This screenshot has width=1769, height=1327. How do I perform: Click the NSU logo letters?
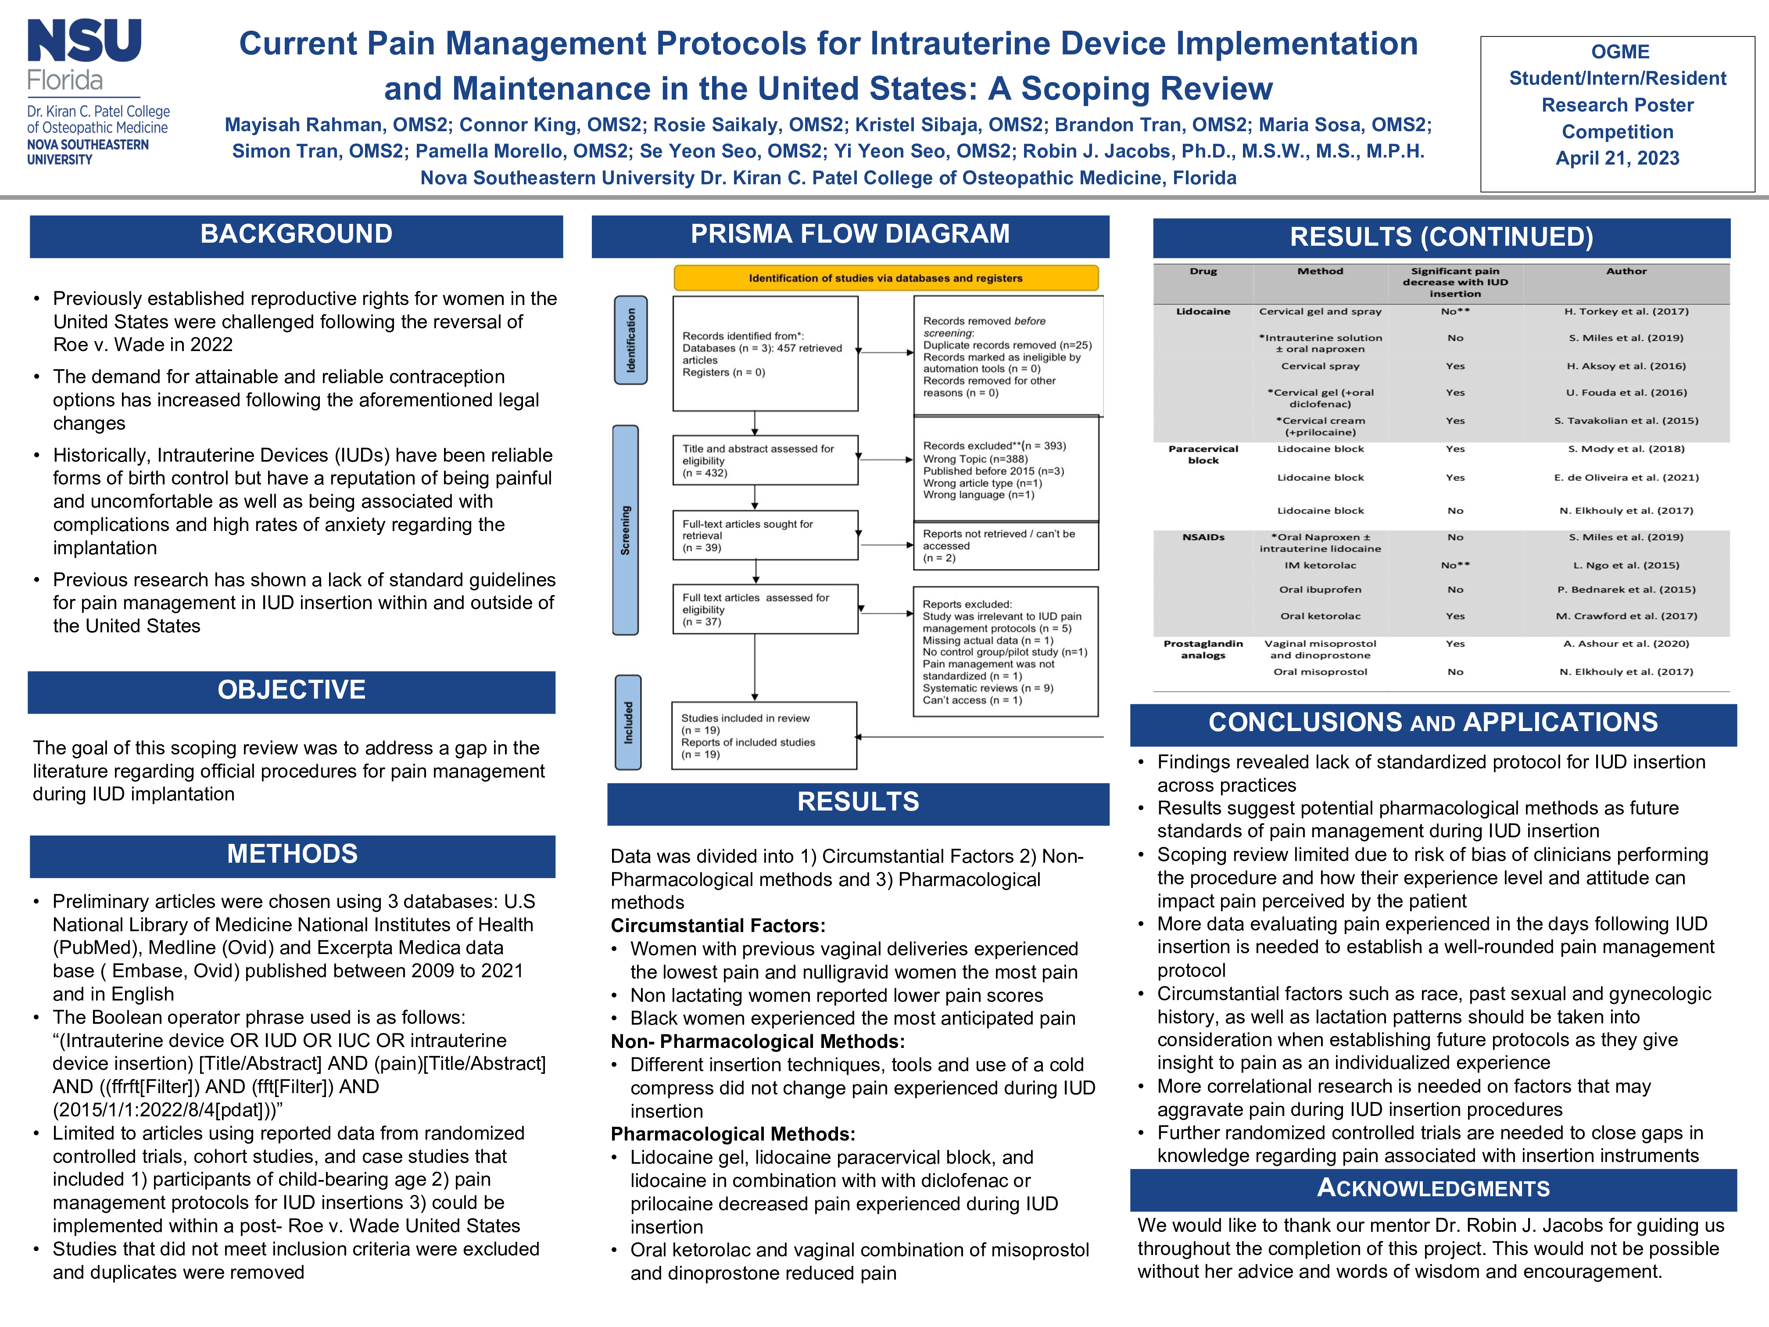tap(85, 42)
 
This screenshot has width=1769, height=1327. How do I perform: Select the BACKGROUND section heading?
tap(296, 234)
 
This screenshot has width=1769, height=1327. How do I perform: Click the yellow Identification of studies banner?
tap(885, 278)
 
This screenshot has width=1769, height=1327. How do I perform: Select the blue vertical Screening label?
tap(625, 530)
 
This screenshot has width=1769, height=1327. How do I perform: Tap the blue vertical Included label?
tap(628, 722)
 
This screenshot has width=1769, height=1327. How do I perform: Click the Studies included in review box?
tap(764, 736)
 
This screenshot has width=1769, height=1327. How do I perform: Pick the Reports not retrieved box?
tap(1005, 545)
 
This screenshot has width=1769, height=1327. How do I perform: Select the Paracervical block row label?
tap(1203, 454)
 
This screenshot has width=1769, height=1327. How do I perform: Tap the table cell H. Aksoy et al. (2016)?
tap(1626, 366)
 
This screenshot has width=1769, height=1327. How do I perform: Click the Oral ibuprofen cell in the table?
tap(1320, 589)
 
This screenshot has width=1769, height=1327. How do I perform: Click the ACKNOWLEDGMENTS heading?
tap(1432, 1189)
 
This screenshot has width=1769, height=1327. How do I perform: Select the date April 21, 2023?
tap(1617, 158)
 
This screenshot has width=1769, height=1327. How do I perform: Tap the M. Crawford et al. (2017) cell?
tap(1626, 616)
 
